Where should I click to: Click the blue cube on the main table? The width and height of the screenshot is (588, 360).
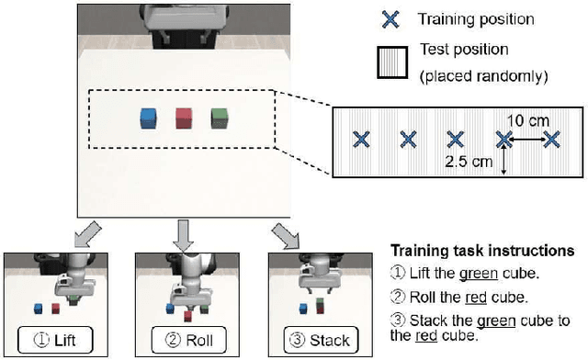(x=147, y=118)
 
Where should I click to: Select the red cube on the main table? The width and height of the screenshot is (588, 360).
(x=183, y=118)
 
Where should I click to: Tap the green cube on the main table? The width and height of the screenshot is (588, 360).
(x=219, y=118)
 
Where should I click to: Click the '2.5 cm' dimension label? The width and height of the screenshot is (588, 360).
(x=465, y=161)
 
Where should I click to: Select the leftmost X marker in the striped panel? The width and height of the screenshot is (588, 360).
(x=361, y=139)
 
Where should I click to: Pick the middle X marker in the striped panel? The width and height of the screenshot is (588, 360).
(x=456, y=139)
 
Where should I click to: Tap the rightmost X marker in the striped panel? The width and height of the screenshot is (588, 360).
(x=551, y=139)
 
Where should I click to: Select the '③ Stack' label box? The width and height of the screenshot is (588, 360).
(x=316, y=341)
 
